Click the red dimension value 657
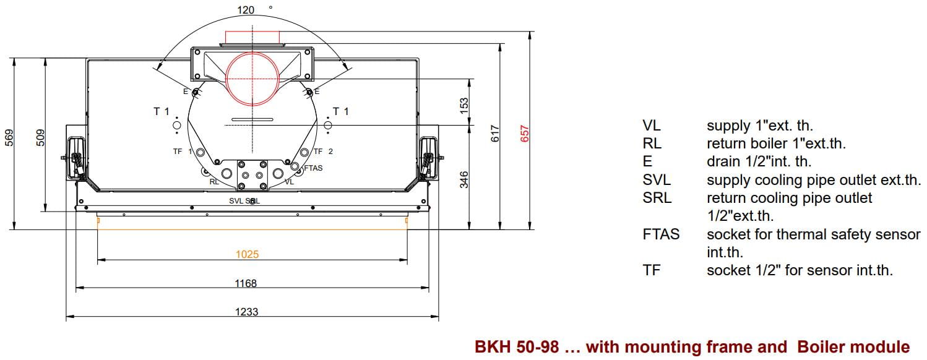[x=524, y=134]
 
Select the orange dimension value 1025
[x=247, y=254]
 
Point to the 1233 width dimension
[x=247, y=312]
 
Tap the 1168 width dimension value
[x=246, y=283]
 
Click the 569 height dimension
[x=9, y=138]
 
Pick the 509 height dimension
[x=40, y=138]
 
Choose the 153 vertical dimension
[x=464, y=106]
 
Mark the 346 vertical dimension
[x=464, y=180]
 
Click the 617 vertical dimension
[x=495, y=134]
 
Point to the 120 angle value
[x=246, y=10]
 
